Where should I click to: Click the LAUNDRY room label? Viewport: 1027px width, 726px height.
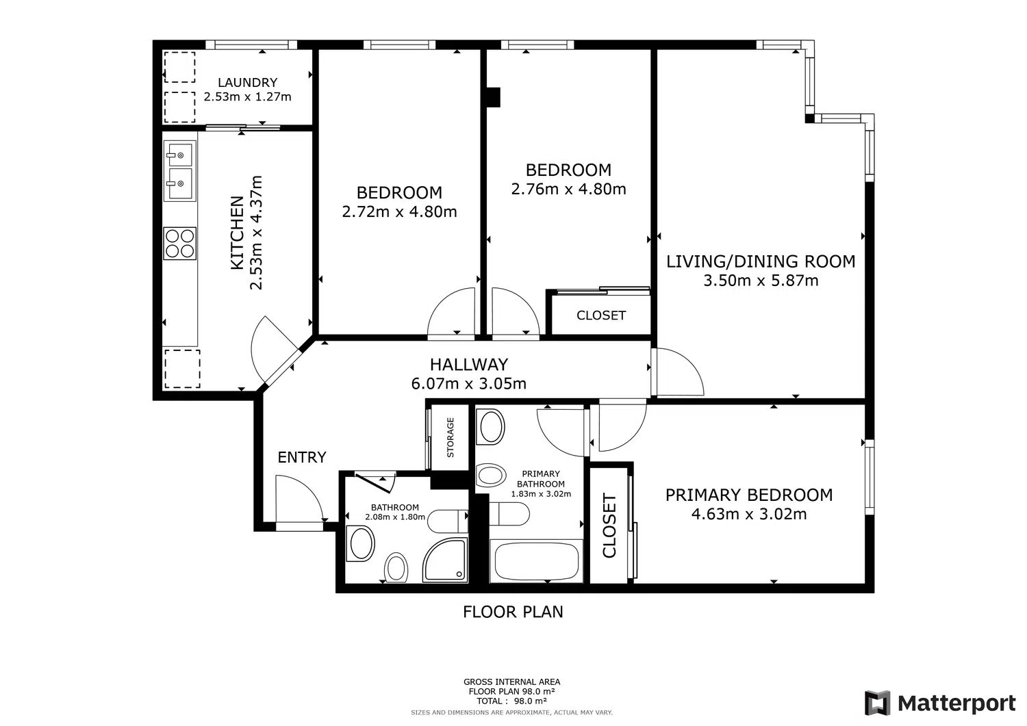click(x=248, y=83)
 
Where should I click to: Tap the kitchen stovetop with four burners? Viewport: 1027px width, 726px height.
click(x=180, y=244)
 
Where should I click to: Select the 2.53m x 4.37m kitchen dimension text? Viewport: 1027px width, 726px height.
click(x=256, y=233)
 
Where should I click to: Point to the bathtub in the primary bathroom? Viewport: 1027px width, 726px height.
click(x=536, y=561)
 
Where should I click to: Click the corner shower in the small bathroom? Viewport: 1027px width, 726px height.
click(x=445, y=560)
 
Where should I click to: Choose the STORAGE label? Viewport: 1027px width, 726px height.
click(x=451, y=437)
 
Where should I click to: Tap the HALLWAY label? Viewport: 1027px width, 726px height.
click(x=469, y=365)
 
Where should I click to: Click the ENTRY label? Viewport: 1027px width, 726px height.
click(x=302, y=457)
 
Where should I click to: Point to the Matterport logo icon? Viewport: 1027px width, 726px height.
click(x=878, y=703)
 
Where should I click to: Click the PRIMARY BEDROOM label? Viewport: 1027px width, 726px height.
click(x=749, y=495)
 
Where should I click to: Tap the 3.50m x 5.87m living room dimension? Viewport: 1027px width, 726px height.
click(x=761, y=280)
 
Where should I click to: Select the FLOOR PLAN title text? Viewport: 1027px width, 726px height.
click(x=513, y=612)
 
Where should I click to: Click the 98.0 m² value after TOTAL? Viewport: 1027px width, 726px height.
click(x=531, y=701)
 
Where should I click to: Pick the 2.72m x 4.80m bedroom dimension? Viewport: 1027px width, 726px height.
click(x=399, y=211)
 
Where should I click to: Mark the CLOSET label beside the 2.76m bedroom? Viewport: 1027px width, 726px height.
click(x=601, y=315)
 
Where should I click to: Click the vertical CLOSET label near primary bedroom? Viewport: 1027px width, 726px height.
click(x=609, y=526)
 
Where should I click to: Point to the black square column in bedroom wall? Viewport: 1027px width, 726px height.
click(x=494, y=97)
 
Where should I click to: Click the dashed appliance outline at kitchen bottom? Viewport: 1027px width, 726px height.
click(x=183, y=369)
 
